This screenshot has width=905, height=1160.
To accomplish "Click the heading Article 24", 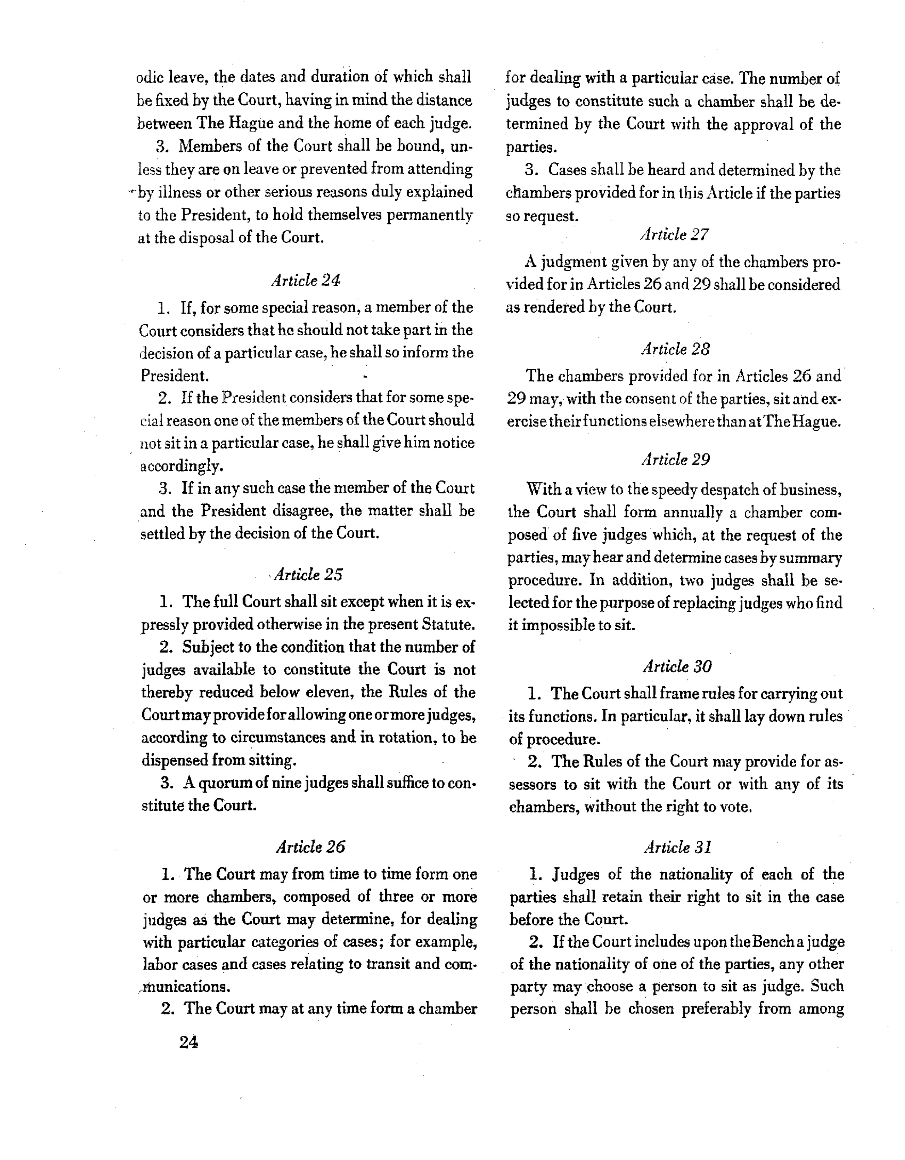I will pos(306,280).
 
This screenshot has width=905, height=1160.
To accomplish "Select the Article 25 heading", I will pos(308,575).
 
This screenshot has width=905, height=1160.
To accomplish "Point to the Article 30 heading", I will pos(677,666).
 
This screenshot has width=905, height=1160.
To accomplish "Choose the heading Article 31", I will pos(677,847).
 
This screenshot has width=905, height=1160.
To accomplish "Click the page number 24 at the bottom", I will pos(189,1043).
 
